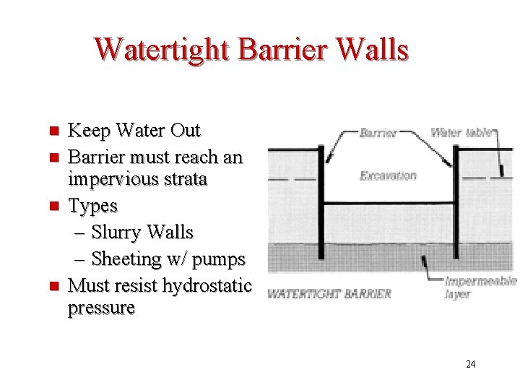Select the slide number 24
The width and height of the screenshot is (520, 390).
(x=470, y=364)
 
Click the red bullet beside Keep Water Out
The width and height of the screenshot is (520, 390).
(x=52, y=131)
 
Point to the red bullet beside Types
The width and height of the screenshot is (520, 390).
(x=52, y=207)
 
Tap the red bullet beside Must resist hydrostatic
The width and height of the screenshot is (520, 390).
(x=52, y=286)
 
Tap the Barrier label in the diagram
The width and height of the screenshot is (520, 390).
(x=378, y=133)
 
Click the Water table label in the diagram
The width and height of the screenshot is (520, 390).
(x=461, y=132)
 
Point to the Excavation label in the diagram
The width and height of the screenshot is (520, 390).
(x=388, y=175)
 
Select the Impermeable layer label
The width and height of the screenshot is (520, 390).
(x=480, y=287)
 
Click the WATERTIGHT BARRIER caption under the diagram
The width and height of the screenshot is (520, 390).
(x=329, y=294)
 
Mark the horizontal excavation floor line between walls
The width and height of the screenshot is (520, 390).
(x=389, y=205)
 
